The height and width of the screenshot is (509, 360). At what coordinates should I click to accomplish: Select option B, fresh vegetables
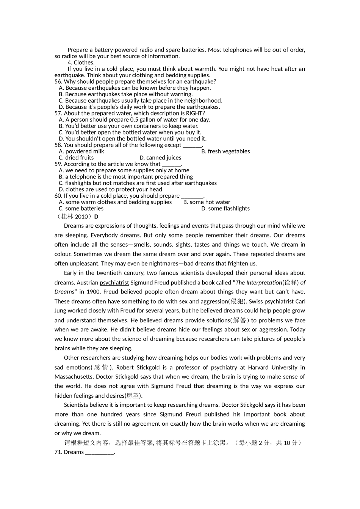pyautogui.click(x=225, y=151)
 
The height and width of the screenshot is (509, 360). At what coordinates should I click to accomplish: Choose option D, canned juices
pyautogui.click(x=160, y=158)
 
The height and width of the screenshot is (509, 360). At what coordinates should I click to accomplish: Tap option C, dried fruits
pyautogui.click(x=76, y=158)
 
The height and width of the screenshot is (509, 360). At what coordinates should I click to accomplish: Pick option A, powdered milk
pyautogui.click(x=81, y=151)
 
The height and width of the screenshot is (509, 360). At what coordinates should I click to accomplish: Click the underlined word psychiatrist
pyautogui.click(x=114, y=283)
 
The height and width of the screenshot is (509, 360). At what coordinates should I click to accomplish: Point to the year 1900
pyautogui.click(x=93, y=292)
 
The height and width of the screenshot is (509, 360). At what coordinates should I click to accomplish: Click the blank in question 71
pyautogui.click(x=99, y=452)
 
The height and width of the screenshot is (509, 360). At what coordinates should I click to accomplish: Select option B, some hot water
pyautogui.click(x=207, y=202)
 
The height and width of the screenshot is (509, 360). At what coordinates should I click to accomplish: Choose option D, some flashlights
pyautogui.click(x=225, y=208)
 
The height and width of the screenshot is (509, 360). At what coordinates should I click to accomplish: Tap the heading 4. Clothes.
pyautogui.click(x=81, y=62)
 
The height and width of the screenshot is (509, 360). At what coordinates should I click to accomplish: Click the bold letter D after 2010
pyautogui.click(x=96, y=217)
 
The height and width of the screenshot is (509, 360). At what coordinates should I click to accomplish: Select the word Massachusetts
pyautogui.click(x=74, y=377)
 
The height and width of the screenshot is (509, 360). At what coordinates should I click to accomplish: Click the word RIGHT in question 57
pyautogui.click(x=195, y=113)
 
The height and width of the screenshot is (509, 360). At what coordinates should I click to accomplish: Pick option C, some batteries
pyautogui.click(x=81, y=208)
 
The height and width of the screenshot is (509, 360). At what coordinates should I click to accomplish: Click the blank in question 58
pyautogui.click(x=192, y=145)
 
